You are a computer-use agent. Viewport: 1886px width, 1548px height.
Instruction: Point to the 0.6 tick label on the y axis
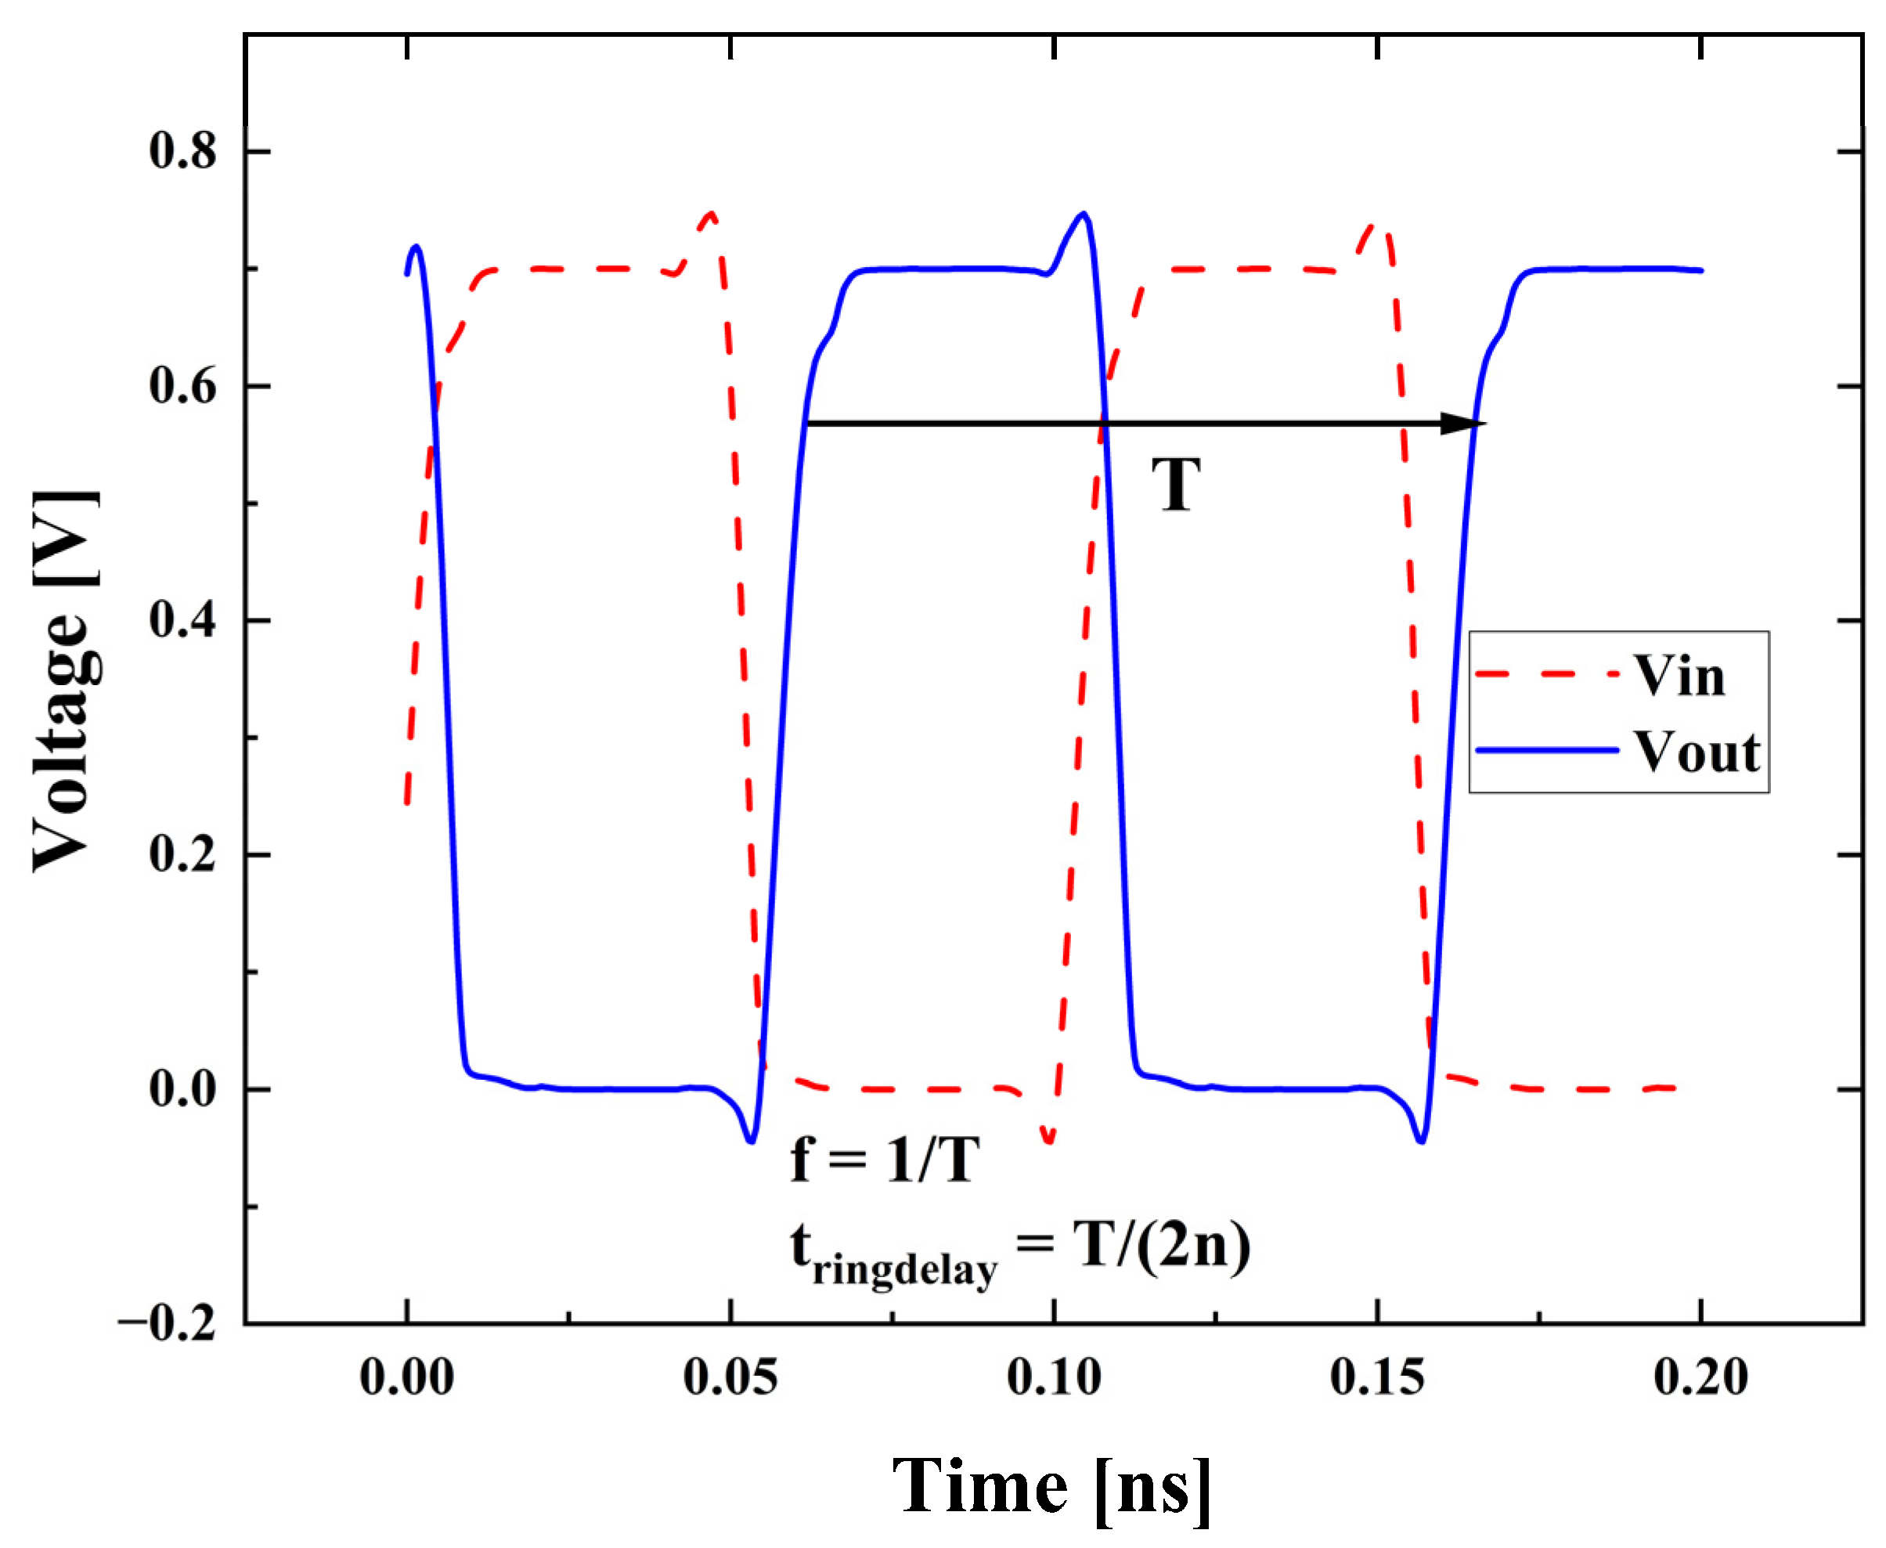[182, 386]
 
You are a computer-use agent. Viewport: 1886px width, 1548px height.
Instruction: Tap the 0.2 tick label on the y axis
[182, 854]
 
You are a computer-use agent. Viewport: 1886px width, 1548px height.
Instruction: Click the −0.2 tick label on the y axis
[167, 1323]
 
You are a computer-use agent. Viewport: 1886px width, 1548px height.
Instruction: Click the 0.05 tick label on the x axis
[730, 1377]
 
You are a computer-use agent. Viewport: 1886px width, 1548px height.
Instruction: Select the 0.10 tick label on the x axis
[1053, 1377]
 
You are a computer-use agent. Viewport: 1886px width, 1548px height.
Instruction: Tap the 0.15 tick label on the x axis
[1377, 1377]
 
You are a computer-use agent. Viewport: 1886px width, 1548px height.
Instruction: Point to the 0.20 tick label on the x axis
[1700, 1377]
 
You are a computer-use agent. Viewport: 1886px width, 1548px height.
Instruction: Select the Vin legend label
[1679, 676]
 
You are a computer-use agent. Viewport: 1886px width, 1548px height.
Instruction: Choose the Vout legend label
[1696, 752]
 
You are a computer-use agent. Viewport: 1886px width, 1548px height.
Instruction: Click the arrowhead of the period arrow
[1462, 424]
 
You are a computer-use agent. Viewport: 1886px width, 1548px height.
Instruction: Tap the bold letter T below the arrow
[1175, 485]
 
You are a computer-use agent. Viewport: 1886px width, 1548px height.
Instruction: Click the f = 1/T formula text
[885, 1160]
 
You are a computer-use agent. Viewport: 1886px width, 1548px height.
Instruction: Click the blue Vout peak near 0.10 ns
[1083, 214]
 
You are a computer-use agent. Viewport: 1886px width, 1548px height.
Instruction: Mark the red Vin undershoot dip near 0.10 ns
[1048, 1139]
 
